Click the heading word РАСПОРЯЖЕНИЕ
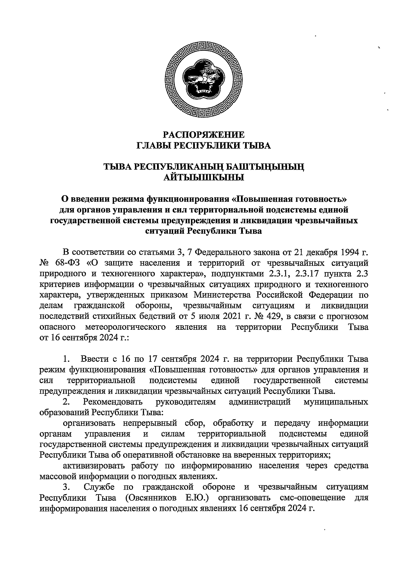click(204, 135)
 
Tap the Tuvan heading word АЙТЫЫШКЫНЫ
click(204, 178)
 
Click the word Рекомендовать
click(113, 402)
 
